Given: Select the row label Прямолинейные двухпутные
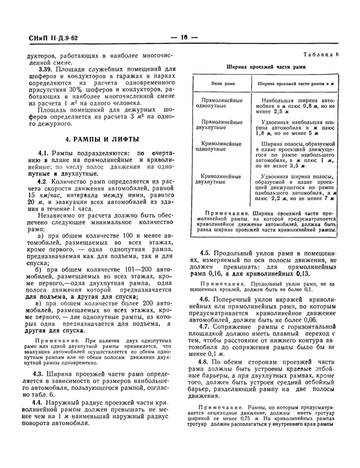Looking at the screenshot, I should click(220, 125).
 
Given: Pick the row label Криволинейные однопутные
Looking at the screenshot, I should click(220, 146).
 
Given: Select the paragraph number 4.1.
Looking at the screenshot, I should click(43, 153).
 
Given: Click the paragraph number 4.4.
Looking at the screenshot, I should click(43, 402).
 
